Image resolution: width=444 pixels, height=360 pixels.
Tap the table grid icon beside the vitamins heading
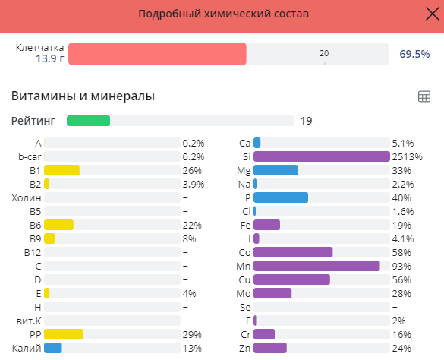point(424,96)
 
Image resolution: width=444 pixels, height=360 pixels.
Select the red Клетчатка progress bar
point(157,54)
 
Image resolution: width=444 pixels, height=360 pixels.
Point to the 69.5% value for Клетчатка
point(414,54)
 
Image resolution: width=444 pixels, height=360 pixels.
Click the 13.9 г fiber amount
point(49,58)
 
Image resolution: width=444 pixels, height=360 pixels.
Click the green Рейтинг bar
point(88,120)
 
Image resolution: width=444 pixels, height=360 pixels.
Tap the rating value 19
point(307,120)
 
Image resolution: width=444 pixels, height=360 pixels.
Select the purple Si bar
point(321,156)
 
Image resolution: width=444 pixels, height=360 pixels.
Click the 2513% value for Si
point(407,156)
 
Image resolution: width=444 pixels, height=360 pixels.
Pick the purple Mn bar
point(316,266)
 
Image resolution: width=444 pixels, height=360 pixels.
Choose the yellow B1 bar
point(61,170)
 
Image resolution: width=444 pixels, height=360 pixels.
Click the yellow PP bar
point(63,334)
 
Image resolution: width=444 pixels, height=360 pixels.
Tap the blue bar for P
point(280,197)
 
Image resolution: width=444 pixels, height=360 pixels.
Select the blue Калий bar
point(52,348)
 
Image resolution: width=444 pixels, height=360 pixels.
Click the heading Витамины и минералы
point(83,96)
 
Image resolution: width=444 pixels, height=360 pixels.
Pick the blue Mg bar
point(275,170)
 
